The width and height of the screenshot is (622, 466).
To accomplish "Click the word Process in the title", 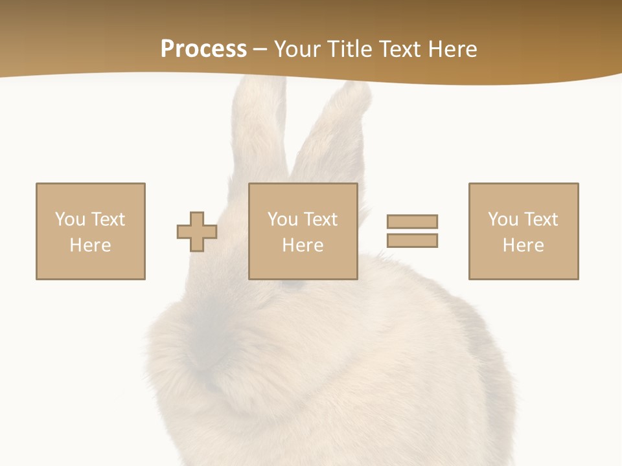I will (x=203, y=49).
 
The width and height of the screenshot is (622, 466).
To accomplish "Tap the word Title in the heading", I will (x=351, y=49).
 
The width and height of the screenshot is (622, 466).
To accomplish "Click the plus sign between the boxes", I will (x=197, y=232).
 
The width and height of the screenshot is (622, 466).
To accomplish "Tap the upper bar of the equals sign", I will (x=412, y=221).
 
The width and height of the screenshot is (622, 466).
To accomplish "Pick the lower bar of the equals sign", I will (x=412, y=240).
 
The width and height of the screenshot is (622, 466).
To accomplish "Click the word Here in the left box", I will (x=90, y=245).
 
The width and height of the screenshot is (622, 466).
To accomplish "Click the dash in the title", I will (x=260, y=49).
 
